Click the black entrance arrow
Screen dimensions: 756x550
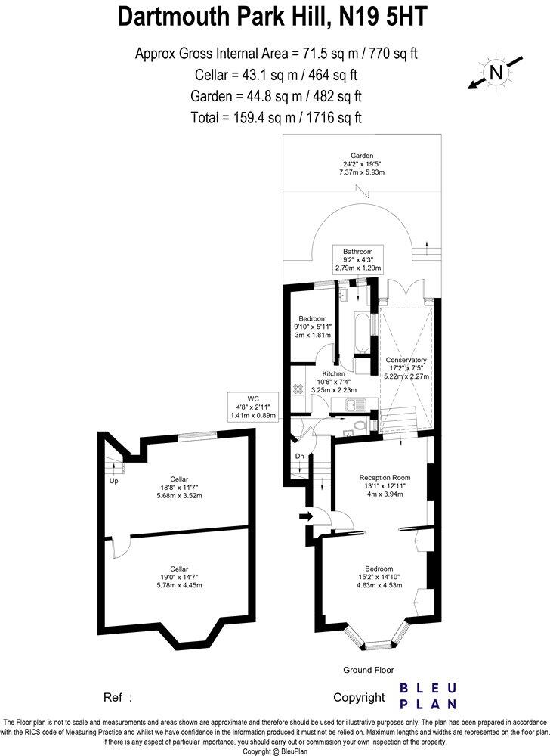click(x=306, y=516)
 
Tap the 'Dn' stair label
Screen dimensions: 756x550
click(x=299, y=456)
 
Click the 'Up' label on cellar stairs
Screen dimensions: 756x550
click(x=114, y=481)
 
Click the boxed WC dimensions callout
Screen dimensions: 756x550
click(x=252, y=406)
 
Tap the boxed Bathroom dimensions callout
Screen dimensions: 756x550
click(x=359, y=259)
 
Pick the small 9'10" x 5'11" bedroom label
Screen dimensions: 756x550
click(x=312, y=327)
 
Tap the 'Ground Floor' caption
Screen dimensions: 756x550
click(x=368, y=670)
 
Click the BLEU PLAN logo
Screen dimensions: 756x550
click(x=428, y=696)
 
